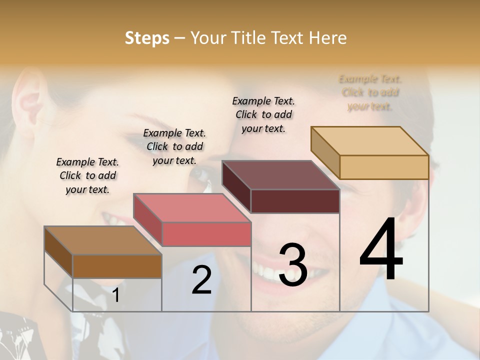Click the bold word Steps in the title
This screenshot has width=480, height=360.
(x=147, y=38)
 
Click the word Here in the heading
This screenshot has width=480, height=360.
(x=327, y=38)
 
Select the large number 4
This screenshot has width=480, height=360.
(x=381, y=249)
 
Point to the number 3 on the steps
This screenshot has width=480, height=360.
(x=292, y=265)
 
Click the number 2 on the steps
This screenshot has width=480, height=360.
(x=201, y=280)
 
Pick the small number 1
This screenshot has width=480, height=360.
(x=116, y=295)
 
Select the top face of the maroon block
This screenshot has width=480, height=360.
(x=280, y=175)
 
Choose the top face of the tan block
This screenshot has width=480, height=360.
(x=369, y=141)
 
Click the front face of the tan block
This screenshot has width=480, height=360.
(x=384, y=167)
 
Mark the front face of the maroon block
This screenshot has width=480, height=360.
(x=295, y=201)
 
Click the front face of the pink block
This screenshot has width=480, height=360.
(x=206, y=234)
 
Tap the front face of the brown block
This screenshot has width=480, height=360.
(x=117, y=266)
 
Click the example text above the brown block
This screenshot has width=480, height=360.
(x=87, y=175)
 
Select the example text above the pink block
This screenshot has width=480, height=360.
(x=174, y=146)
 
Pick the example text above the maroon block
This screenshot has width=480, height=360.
(x=263, y=114)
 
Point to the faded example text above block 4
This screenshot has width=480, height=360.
(x=370, y=92)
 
